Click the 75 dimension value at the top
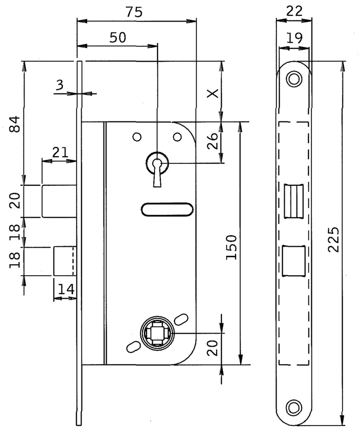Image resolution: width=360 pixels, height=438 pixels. pyautogui.click(x=134, y=12)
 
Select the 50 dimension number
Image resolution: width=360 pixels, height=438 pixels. pyautogui.click(x=118, y=37)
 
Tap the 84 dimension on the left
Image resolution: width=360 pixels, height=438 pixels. pyautogui.click(x=14, y=124)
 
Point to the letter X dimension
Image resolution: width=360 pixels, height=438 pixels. pyautogui.click(x=213, y=93)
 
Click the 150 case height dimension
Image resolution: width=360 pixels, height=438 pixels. pyautogui.click(x=231, y=247)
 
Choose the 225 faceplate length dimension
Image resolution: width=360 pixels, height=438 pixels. pyautogui.click(x=333, y=240)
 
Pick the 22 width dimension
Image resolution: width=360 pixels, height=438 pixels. pyautogui.click(x=294, y=11)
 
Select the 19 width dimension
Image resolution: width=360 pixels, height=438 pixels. pyautogui.click(x=294, y=38)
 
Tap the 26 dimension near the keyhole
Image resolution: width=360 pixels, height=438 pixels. pyautogui.click(x=212, y=141)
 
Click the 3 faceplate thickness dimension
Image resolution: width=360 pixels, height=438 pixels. pyautogui.click(x=59, y=85)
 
